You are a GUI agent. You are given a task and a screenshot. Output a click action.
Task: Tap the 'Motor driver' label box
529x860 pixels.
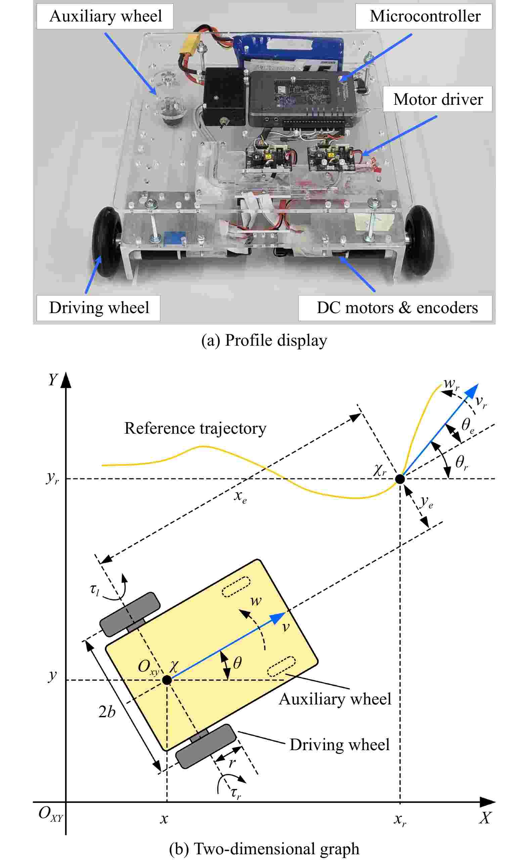(437, 99)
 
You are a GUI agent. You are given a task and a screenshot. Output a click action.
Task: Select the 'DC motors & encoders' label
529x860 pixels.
(397, 308)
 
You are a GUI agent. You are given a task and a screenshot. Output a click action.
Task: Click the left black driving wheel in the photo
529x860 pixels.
(106, 242)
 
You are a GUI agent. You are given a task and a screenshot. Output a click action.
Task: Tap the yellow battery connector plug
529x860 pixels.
(189, 43)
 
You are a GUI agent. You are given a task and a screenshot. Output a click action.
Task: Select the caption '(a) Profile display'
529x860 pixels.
(264, 340)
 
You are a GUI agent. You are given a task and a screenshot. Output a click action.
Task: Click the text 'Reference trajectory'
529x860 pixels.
(195, 428)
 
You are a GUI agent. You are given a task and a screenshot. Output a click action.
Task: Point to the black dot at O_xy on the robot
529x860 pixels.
(167, 680)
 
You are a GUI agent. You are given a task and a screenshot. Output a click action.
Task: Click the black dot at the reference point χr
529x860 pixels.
(400, 479)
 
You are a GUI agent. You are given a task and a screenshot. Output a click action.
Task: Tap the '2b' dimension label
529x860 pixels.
(107, 712)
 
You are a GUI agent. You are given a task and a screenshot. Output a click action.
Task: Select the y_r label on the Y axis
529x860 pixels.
(52, 478)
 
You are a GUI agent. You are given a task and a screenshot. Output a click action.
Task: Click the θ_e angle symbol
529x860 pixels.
(468, 426)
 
